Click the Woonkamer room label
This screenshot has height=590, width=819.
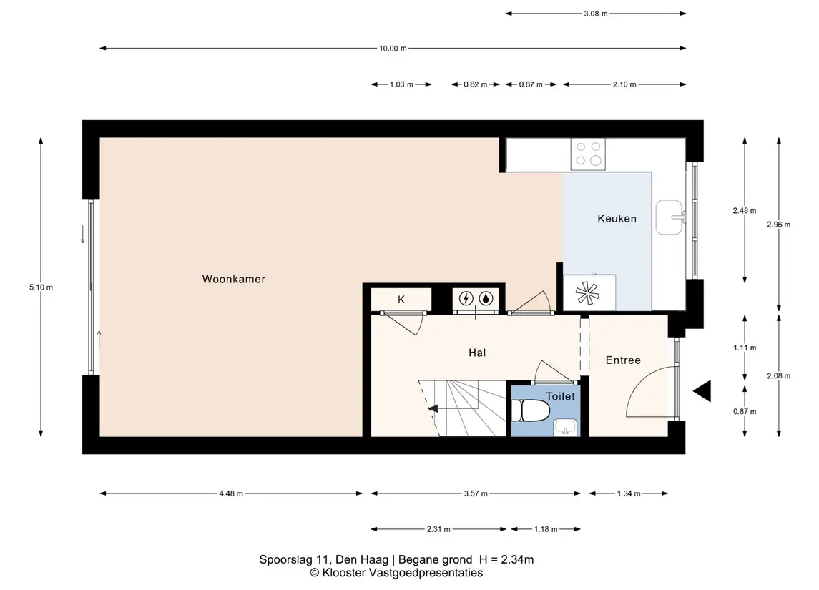click(x=233, y=280)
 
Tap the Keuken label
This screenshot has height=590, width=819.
click(x=617, y=219)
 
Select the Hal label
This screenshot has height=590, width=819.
click(x=477, y=353)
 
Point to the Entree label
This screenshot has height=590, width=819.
click(x=622, y=360)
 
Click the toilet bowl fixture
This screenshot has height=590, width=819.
click(x=529, y=410)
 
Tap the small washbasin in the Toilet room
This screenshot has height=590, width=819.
click(x=565, y=427)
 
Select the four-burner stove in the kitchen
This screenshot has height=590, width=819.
click(x=588, y=154)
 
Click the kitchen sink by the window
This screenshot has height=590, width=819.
click(x=669, y=217)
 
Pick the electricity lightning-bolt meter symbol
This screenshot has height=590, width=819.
click(x=466, y=298)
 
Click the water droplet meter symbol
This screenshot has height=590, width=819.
click(x=486, y=298)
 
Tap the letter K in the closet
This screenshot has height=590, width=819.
click(x=401, y=300)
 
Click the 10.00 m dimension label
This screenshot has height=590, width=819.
click(x=393, y=49)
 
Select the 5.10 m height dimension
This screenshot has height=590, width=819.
click(x=41, y=287)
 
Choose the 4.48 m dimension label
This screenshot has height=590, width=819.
click(x=231, y=493)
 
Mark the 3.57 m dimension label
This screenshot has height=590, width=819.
click(x=476, y=493)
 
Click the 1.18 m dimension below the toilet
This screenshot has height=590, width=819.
click(x=546, y=529)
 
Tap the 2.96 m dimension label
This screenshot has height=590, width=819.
click(x=778, y=225)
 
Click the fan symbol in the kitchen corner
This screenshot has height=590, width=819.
click(x=587, y=293)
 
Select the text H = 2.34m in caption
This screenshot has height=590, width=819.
click(x=506, y=560)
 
